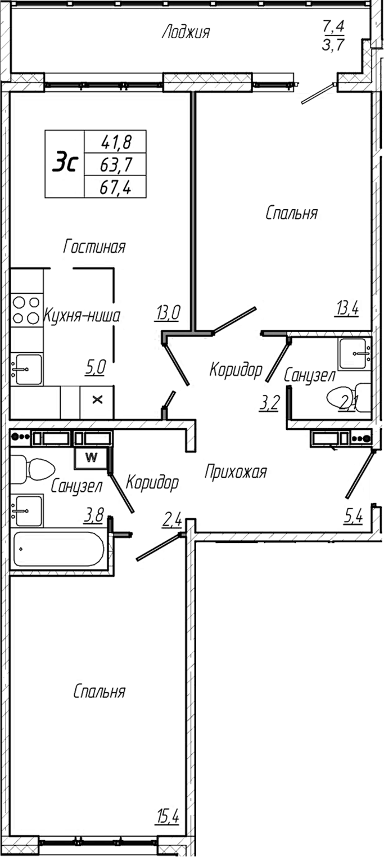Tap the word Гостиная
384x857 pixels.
click(94, 246)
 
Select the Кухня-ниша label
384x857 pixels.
click(82, 316)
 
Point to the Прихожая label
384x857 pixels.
click(235, 472)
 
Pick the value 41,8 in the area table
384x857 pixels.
click(116, 141)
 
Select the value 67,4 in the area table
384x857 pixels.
click(116, 187)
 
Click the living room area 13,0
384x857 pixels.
click(168, 312)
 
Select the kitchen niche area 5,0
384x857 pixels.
click(96, 369)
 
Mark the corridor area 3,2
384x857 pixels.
click(269, 403)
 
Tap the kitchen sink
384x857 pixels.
click(28, 369)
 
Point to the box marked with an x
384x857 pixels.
click(97, 400)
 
